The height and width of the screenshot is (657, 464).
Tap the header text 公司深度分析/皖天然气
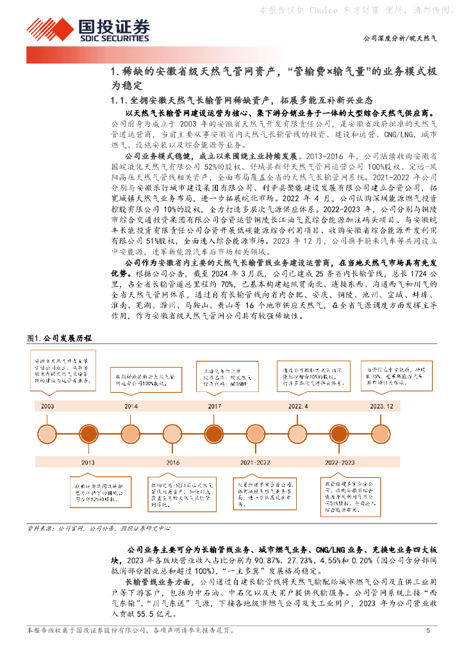[x=401, y=39]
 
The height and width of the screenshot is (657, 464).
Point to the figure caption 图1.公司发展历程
[x=60, y=338]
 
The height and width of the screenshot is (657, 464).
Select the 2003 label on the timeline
[x=47, y=407]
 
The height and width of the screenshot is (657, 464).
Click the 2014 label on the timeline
[x=131, y=407]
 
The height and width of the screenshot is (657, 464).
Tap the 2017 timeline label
[x=214, y=407]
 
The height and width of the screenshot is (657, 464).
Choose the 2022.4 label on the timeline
[x=298, y=407]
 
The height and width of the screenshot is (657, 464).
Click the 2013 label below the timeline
[x=88, y=461]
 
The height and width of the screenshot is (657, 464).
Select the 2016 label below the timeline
[x=173, y=461]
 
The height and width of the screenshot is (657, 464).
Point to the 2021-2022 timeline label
[x=255, y=461]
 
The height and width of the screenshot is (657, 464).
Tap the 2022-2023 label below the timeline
[x=340, y=461]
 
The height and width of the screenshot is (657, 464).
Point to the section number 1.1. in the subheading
[x=122, y=100]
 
